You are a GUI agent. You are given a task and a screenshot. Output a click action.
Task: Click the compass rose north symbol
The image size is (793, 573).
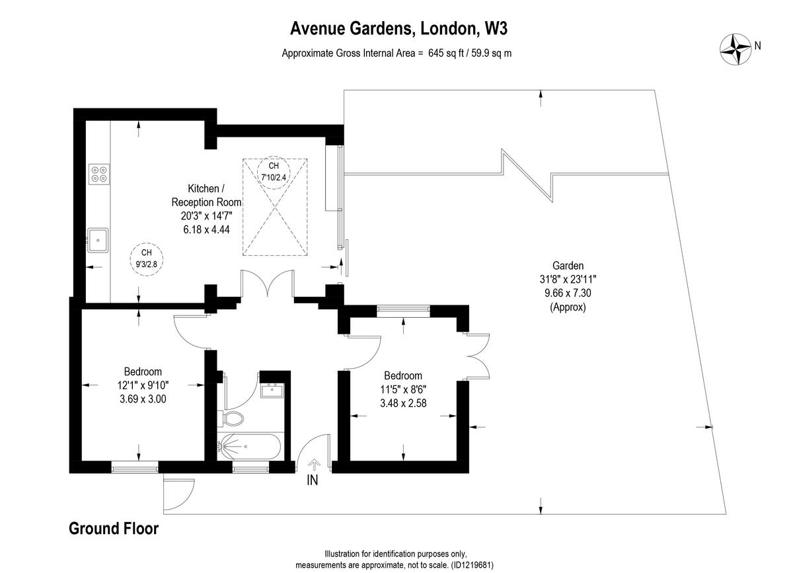tap(736, 48)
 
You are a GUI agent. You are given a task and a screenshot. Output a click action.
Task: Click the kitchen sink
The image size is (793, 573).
tap(98, 239)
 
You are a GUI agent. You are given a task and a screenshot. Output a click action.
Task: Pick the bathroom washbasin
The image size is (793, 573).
tap(272, 391)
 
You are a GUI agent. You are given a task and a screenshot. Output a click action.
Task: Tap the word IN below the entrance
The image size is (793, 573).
tap(313, 481)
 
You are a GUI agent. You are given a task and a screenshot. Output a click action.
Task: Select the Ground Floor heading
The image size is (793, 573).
tap(114, 529)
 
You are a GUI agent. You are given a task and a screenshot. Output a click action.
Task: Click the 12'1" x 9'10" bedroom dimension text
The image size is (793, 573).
tap(143, 385)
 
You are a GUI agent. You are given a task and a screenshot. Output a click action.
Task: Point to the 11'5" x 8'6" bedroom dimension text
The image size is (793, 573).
tap(403, 389)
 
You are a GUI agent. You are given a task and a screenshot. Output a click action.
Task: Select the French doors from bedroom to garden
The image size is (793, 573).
tap(478, 356)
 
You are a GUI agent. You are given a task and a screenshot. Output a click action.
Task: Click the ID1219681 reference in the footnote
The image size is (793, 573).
tap(472, 566)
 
